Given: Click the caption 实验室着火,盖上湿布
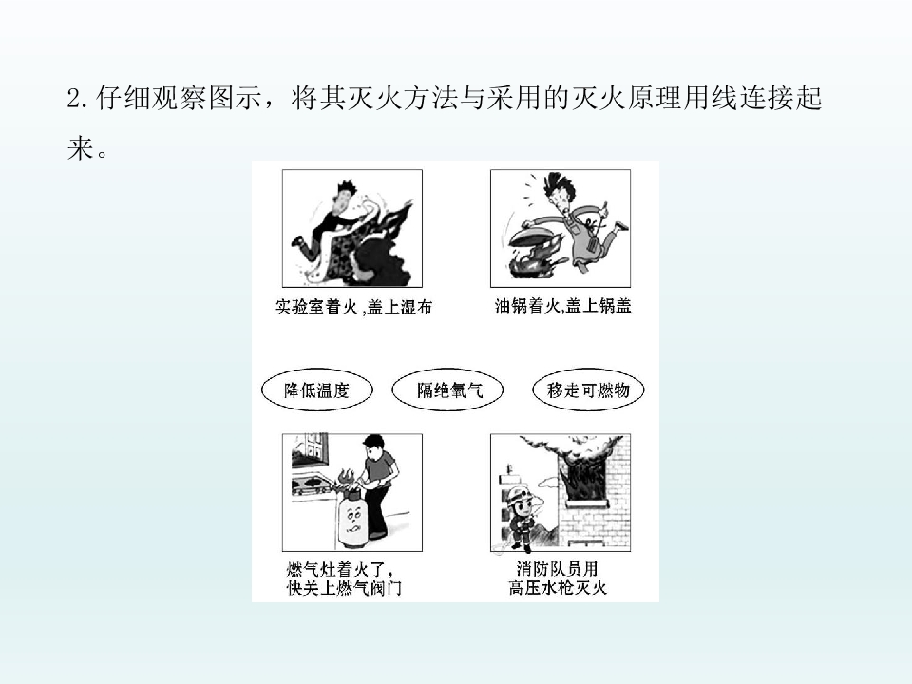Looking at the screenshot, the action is point(353,307).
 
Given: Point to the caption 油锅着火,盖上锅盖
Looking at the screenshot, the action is point(562,305).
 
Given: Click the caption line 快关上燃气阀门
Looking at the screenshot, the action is point(344,588).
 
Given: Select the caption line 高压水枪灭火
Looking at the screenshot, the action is point(558,587).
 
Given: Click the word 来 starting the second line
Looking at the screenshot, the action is point(80,148).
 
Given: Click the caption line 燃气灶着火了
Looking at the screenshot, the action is point(339,568).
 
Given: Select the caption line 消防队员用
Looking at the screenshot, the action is point(558,568).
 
